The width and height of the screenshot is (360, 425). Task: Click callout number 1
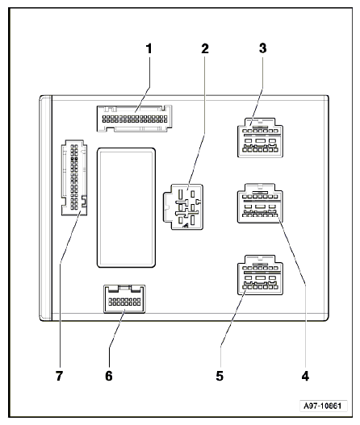(149, 48)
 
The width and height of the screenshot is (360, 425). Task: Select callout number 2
(205, 48)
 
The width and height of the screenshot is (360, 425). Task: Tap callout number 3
(262, 48)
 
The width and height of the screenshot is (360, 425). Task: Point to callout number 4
(305, 377)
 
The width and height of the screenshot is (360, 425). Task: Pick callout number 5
(220, 376)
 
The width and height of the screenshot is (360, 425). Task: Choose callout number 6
(109, 376)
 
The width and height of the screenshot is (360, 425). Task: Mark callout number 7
(60, 376)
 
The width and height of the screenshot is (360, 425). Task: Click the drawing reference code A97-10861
(323, 406)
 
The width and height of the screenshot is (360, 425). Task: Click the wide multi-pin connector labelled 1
(134, 119)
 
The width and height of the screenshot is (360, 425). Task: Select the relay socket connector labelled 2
(183, 206)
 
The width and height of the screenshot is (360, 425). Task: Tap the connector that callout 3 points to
(260, 137)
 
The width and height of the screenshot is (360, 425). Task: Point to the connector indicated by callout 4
(260, 203)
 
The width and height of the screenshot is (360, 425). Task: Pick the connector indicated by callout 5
(260, 275)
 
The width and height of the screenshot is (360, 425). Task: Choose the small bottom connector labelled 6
(124, 299)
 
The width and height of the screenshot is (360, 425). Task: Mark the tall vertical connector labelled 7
(74, 177)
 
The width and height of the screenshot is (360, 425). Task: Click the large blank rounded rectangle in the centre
(126, 207)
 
